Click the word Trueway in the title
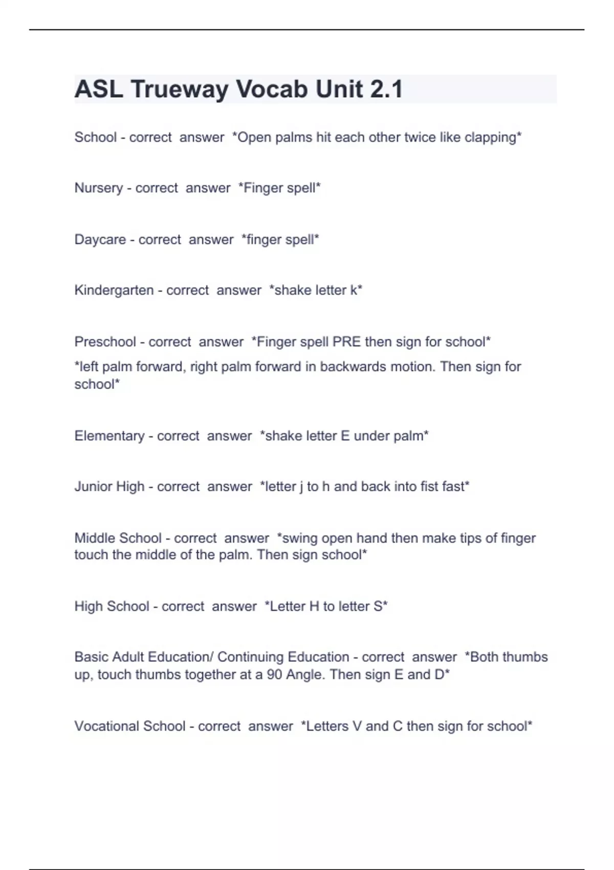pos(180,89)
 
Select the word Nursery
pos(99,188)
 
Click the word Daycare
pos(100,240)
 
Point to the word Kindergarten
pos(114,291)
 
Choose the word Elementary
pos(109,436)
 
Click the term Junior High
pos(109,487)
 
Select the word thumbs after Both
pos(528,657)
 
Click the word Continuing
pos(250,657)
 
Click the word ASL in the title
pos(98,89)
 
